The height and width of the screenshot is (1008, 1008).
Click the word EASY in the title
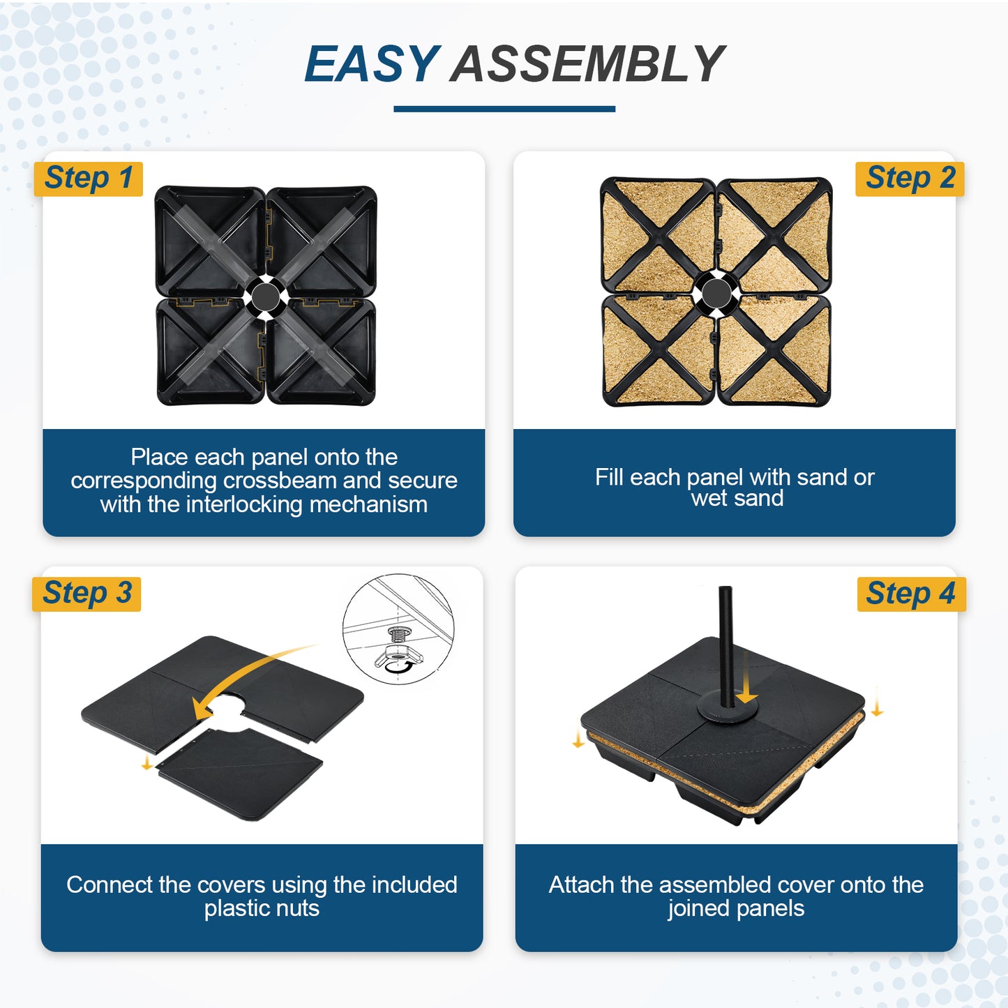click(x=372, y=64)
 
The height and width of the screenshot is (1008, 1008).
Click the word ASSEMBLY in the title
click(x=587, y=64)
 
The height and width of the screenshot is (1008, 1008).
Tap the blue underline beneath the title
click(x=504, y=109)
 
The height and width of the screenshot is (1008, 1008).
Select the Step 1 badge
click(x=89, y=179)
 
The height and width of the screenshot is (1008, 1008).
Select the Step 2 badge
click(x=910, y=179)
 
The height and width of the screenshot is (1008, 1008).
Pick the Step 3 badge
click(x=87, y=594)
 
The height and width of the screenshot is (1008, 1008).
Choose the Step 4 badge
click(x=910, y=594)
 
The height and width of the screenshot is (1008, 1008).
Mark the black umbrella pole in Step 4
click(x=726, y=642)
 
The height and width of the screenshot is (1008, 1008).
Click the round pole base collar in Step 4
click(x=728, y=712)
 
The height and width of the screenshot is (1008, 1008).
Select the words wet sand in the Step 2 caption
click(x=737, y=498)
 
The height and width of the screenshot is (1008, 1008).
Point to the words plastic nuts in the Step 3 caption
click(x=262, y=908)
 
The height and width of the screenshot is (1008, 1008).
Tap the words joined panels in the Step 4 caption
click(x=735, y=908)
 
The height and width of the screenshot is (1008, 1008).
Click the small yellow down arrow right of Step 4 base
click(x=877, y=708)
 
